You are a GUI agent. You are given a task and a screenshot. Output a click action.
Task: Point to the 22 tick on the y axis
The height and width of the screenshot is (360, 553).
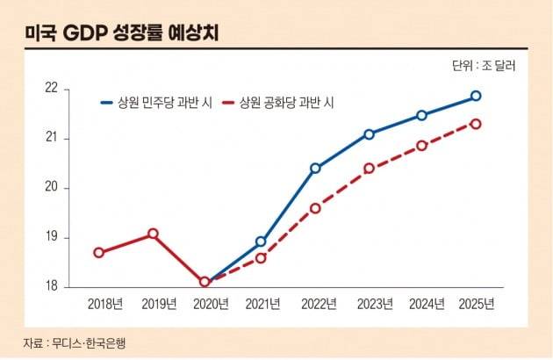point(51,89)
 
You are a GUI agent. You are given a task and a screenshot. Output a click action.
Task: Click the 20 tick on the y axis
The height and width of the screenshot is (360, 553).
point(51,188)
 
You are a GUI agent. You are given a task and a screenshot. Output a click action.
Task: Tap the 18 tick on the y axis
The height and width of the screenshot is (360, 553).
point(51,286)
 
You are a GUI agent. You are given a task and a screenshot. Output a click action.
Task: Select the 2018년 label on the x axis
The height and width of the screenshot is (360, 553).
point(105,304)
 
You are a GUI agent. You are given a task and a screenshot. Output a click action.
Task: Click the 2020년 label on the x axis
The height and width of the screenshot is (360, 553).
point(212,304)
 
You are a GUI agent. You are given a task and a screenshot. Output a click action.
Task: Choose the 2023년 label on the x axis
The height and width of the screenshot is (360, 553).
point(374,304)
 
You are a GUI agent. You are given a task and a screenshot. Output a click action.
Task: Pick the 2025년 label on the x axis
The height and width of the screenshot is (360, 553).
point(477,304)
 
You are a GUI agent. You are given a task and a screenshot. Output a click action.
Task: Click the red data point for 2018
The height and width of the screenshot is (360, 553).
point(99,253)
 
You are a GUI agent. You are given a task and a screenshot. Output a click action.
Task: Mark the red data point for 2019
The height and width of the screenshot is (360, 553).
point(153,234)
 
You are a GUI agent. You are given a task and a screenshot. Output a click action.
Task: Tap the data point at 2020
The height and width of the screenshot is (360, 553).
point(205,282)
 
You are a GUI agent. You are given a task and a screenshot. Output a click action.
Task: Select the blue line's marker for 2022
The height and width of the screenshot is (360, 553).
point(316,168)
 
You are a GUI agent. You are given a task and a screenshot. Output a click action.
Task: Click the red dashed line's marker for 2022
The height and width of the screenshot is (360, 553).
point(316,208)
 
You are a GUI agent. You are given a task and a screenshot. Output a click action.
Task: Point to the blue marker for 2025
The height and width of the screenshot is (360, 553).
point(476,96)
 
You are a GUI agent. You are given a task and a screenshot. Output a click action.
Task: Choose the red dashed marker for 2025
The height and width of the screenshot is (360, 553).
point(476,124)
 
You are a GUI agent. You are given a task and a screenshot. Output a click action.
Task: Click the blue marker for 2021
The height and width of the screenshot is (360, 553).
point(261,241)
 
